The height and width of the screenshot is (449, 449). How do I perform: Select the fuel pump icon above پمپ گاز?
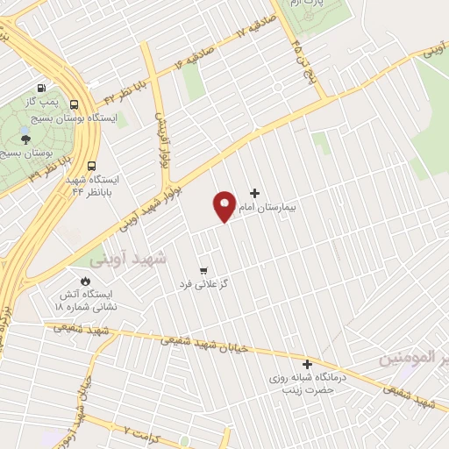coord(41,89)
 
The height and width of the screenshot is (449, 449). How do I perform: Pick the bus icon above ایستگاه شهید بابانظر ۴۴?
coord(92,166)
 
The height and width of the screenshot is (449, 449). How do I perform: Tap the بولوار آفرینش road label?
coord(163,141)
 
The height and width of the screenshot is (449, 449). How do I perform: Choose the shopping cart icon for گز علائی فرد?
coord(203,270)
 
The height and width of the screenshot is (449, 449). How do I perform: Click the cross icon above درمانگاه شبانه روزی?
coord(307,364)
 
